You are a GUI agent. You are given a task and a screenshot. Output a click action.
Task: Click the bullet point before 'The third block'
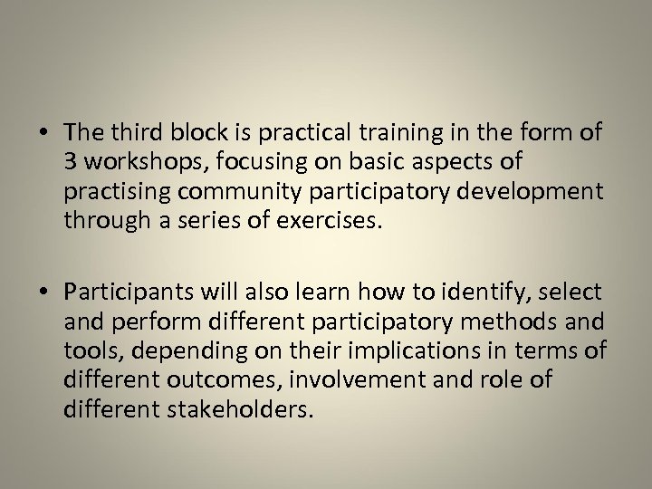46,133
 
